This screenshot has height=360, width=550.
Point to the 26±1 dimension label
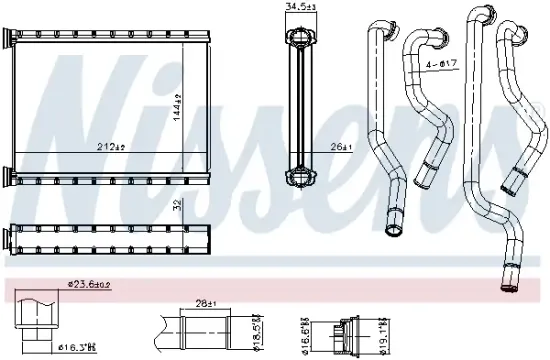pyautogui.click(x=342, y=147)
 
